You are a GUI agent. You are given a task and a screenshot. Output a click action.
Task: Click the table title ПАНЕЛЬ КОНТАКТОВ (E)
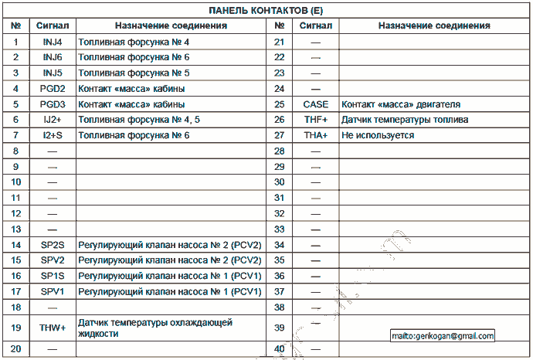[266, 10]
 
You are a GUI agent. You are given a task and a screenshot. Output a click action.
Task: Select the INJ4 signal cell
[53, 41]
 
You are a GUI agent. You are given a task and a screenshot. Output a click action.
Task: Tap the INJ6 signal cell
[53, 57]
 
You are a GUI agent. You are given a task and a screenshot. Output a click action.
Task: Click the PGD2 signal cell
[53, 88]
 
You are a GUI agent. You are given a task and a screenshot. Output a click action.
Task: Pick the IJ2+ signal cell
[53, 120]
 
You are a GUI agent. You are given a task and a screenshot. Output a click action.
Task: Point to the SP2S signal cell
[53, 244]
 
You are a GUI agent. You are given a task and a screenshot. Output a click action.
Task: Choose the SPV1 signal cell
[53, 291]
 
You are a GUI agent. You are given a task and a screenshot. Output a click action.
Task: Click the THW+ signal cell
[53, 328]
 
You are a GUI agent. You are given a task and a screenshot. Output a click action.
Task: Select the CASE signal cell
[315, 104]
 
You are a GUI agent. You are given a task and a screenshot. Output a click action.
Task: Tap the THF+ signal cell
[315, 120]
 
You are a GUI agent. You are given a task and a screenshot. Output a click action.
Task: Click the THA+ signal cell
[315, 135]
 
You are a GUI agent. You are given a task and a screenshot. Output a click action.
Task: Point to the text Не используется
[378, 135]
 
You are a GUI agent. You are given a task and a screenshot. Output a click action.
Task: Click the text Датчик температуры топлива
[405, 120]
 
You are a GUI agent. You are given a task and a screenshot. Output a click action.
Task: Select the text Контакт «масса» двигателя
[401, 104]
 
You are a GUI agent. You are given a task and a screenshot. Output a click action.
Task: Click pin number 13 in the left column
[15, 229]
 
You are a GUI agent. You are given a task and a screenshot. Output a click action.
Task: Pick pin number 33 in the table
[280, 229]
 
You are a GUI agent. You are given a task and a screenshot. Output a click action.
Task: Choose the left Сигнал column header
[53, 25]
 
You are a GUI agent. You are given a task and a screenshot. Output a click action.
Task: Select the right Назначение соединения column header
[434, 25]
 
